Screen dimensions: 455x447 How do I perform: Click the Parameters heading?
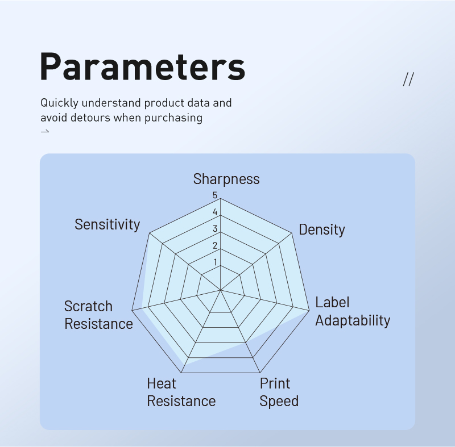(143, 66)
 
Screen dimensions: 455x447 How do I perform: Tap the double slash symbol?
(408, 79)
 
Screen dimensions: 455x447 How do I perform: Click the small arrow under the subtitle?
(45, 132)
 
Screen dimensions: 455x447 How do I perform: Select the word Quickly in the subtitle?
(60, 103)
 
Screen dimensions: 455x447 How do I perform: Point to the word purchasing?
(173, 118)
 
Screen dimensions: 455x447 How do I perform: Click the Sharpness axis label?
(226, 179)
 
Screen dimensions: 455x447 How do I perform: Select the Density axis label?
(322, 229)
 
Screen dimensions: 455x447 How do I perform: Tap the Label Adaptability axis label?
(353, 311)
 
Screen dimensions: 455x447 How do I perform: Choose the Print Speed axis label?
(279, 392)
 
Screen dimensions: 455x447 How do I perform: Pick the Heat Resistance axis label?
(181, 392)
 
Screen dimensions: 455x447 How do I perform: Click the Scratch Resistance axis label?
(98, 315)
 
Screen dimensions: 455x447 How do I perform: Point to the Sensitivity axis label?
(107, 224)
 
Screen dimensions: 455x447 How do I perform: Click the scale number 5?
(215, 195)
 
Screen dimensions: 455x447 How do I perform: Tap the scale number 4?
(215, 212)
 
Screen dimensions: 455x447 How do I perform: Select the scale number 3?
(215, 229)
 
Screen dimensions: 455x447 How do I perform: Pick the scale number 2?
(215, 246)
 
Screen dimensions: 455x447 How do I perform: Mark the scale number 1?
(215, 262)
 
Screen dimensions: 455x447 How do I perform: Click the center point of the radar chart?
(221, 290)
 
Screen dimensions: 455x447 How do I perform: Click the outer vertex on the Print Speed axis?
(260, 373)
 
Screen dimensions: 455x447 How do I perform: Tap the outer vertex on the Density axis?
(292, 233)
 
